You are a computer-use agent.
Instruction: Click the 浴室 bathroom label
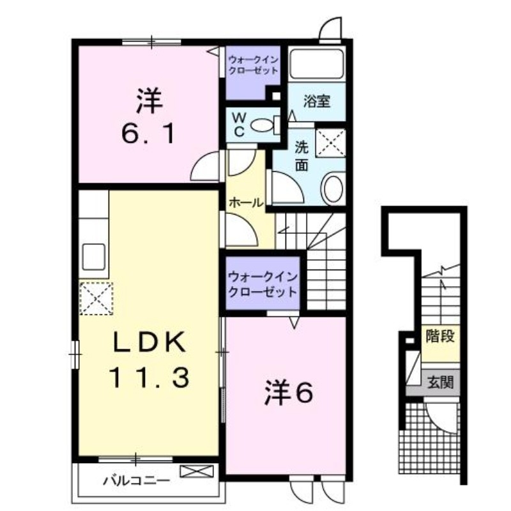[317, 100]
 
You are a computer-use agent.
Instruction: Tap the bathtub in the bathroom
[316, 64]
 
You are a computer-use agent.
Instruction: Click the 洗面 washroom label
[301, 156]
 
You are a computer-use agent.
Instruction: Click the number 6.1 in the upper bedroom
[148, 135]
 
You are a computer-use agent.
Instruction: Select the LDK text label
[150, 343]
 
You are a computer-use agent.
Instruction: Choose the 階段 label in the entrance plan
[441, 336]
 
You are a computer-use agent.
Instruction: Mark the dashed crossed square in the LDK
[96, 298]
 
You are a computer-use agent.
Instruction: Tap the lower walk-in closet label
[262, 285]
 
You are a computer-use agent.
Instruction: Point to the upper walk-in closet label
[254, 66]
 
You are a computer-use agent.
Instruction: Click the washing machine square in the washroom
[332, 141]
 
